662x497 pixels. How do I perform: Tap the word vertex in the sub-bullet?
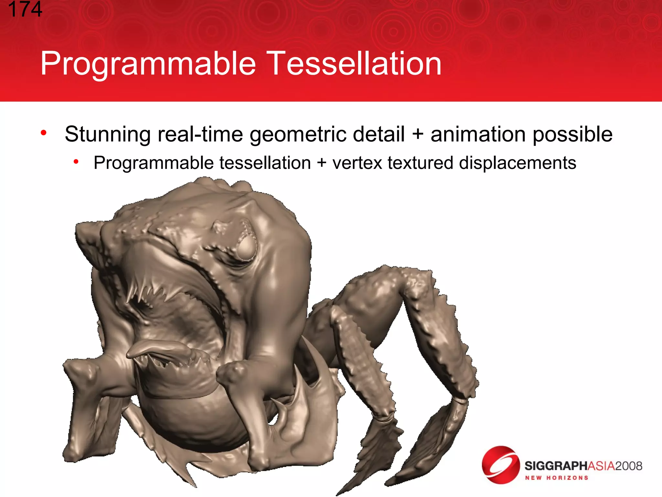pos(357,163)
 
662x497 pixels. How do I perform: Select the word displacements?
pos(517,163)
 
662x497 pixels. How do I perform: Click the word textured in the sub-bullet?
pos(420,163)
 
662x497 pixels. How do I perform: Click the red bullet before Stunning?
pos(44,133)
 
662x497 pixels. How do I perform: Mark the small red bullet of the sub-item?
pos(76,161)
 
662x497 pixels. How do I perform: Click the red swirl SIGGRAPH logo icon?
pos(500,465)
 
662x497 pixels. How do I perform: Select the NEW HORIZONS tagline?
pos(556,478)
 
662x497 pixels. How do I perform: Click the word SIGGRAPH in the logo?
pos(555,466)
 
